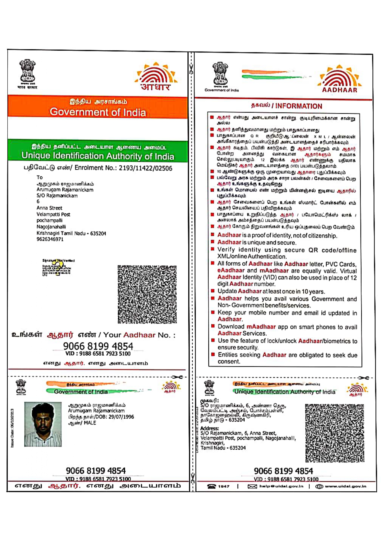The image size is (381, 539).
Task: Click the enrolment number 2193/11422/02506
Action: pos(145,168)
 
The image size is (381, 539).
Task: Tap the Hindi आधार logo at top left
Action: pos(156,77)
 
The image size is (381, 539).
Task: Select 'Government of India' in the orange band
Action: pos(98,112)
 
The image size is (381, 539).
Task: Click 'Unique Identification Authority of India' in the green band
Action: pos(98,156)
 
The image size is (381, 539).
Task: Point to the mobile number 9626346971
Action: pos(50,239)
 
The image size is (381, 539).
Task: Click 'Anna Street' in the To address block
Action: pos(49,208)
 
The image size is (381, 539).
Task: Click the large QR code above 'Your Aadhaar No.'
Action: pos(147,294)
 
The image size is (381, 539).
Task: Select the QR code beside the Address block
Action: pos(334,433)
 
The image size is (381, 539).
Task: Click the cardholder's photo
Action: pos(43,424)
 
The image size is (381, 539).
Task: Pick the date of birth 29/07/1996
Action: pos(119,417)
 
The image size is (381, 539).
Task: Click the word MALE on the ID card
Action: pos(90,423)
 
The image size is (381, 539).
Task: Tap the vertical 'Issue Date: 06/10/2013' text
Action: pos(12,428)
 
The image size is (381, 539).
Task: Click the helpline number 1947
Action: pos(223,486)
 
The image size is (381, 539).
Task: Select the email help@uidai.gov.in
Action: pos(281,486)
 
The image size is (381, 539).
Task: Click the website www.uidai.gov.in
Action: pos(345,486)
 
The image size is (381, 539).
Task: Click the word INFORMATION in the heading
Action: pos(299,106)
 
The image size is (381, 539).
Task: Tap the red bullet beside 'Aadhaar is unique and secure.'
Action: pos(212,242)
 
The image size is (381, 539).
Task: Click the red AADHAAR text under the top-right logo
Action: pos(340,90)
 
